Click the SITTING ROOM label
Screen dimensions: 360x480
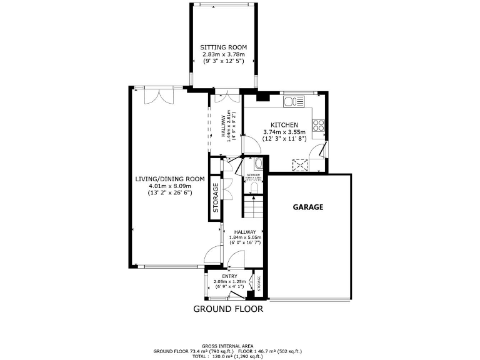[223, 47]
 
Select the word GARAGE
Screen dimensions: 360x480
[308, 207]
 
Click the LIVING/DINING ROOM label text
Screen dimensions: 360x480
[170, 179]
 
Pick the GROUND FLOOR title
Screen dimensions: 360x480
[227, 309]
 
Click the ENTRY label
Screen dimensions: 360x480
[229, 275]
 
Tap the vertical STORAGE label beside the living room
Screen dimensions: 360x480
[216, 199]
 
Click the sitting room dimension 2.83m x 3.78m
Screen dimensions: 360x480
[223, 54]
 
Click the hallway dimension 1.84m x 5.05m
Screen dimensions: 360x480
[243, 237]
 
